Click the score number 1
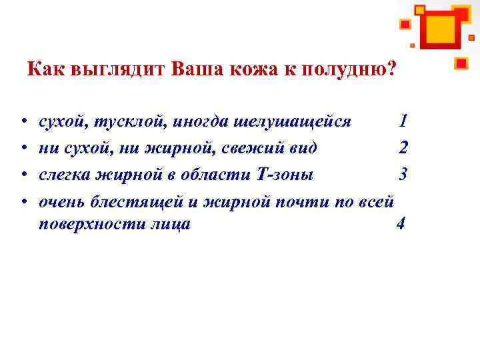click(x=403, y=121)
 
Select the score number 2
click(x=403, y=147)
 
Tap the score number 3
click(x=403, y=173)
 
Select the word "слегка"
click(x=63, y=173)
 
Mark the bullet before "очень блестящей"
click(x=23, y=200)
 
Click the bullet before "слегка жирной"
click(x=23, y=174)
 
